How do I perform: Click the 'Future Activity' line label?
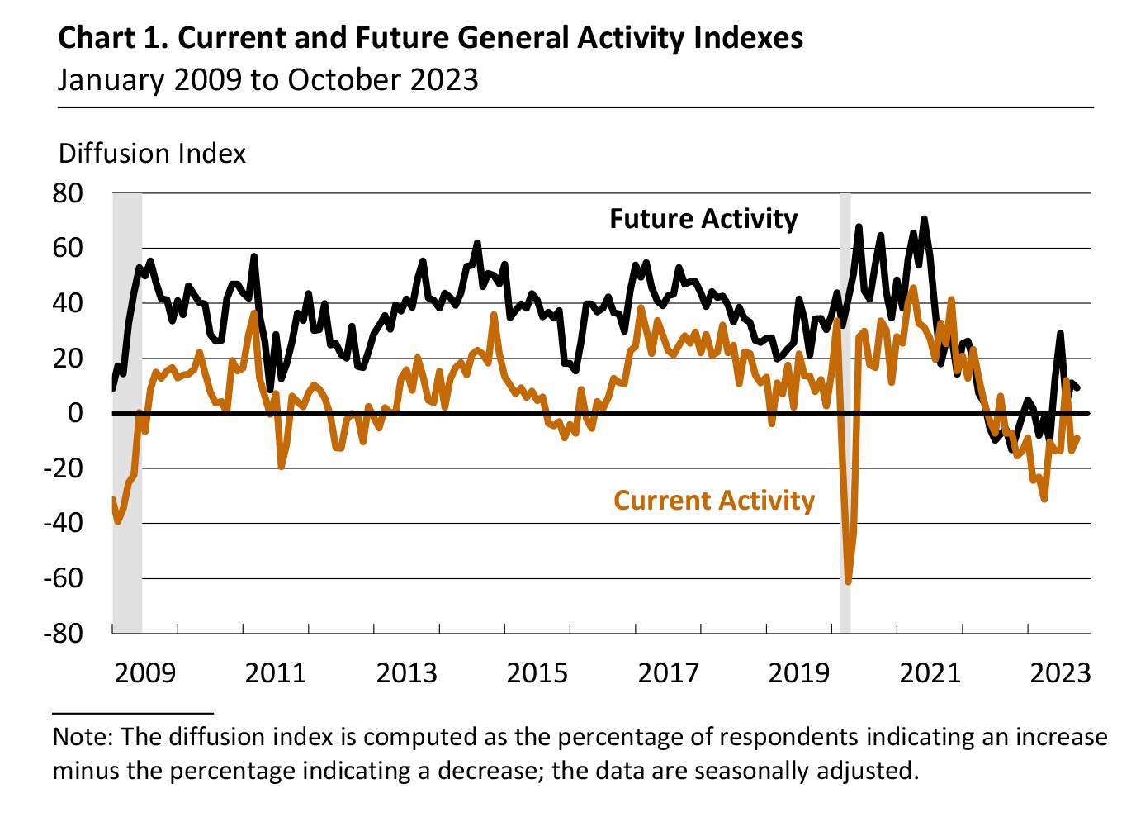pyautogui.click(x=703, y=219)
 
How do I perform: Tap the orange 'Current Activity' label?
pyautogui.click(x=714, y=501)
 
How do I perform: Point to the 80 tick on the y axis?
pyautogui.click(x=68, y=193)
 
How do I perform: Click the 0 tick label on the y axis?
pyautogui.click(x=75, y=413)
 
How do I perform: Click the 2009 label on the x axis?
pyautogui.click(x=145, y=673)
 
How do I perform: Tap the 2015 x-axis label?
pyautogui.click(x=537, y=673)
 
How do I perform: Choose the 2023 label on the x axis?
pyautogui.click(x=1061, y=673)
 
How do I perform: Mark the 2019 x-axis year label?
pyautogui.click(x=799, y=673)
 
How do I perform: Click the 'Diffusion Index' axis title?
pyautogui.click(x=153, y=154)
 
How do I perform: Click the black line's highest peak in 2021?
pyautogui.click(x=924, y=219)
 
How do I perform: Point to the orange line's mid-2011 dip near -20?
pyautogui.click(x=282, y=467)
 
